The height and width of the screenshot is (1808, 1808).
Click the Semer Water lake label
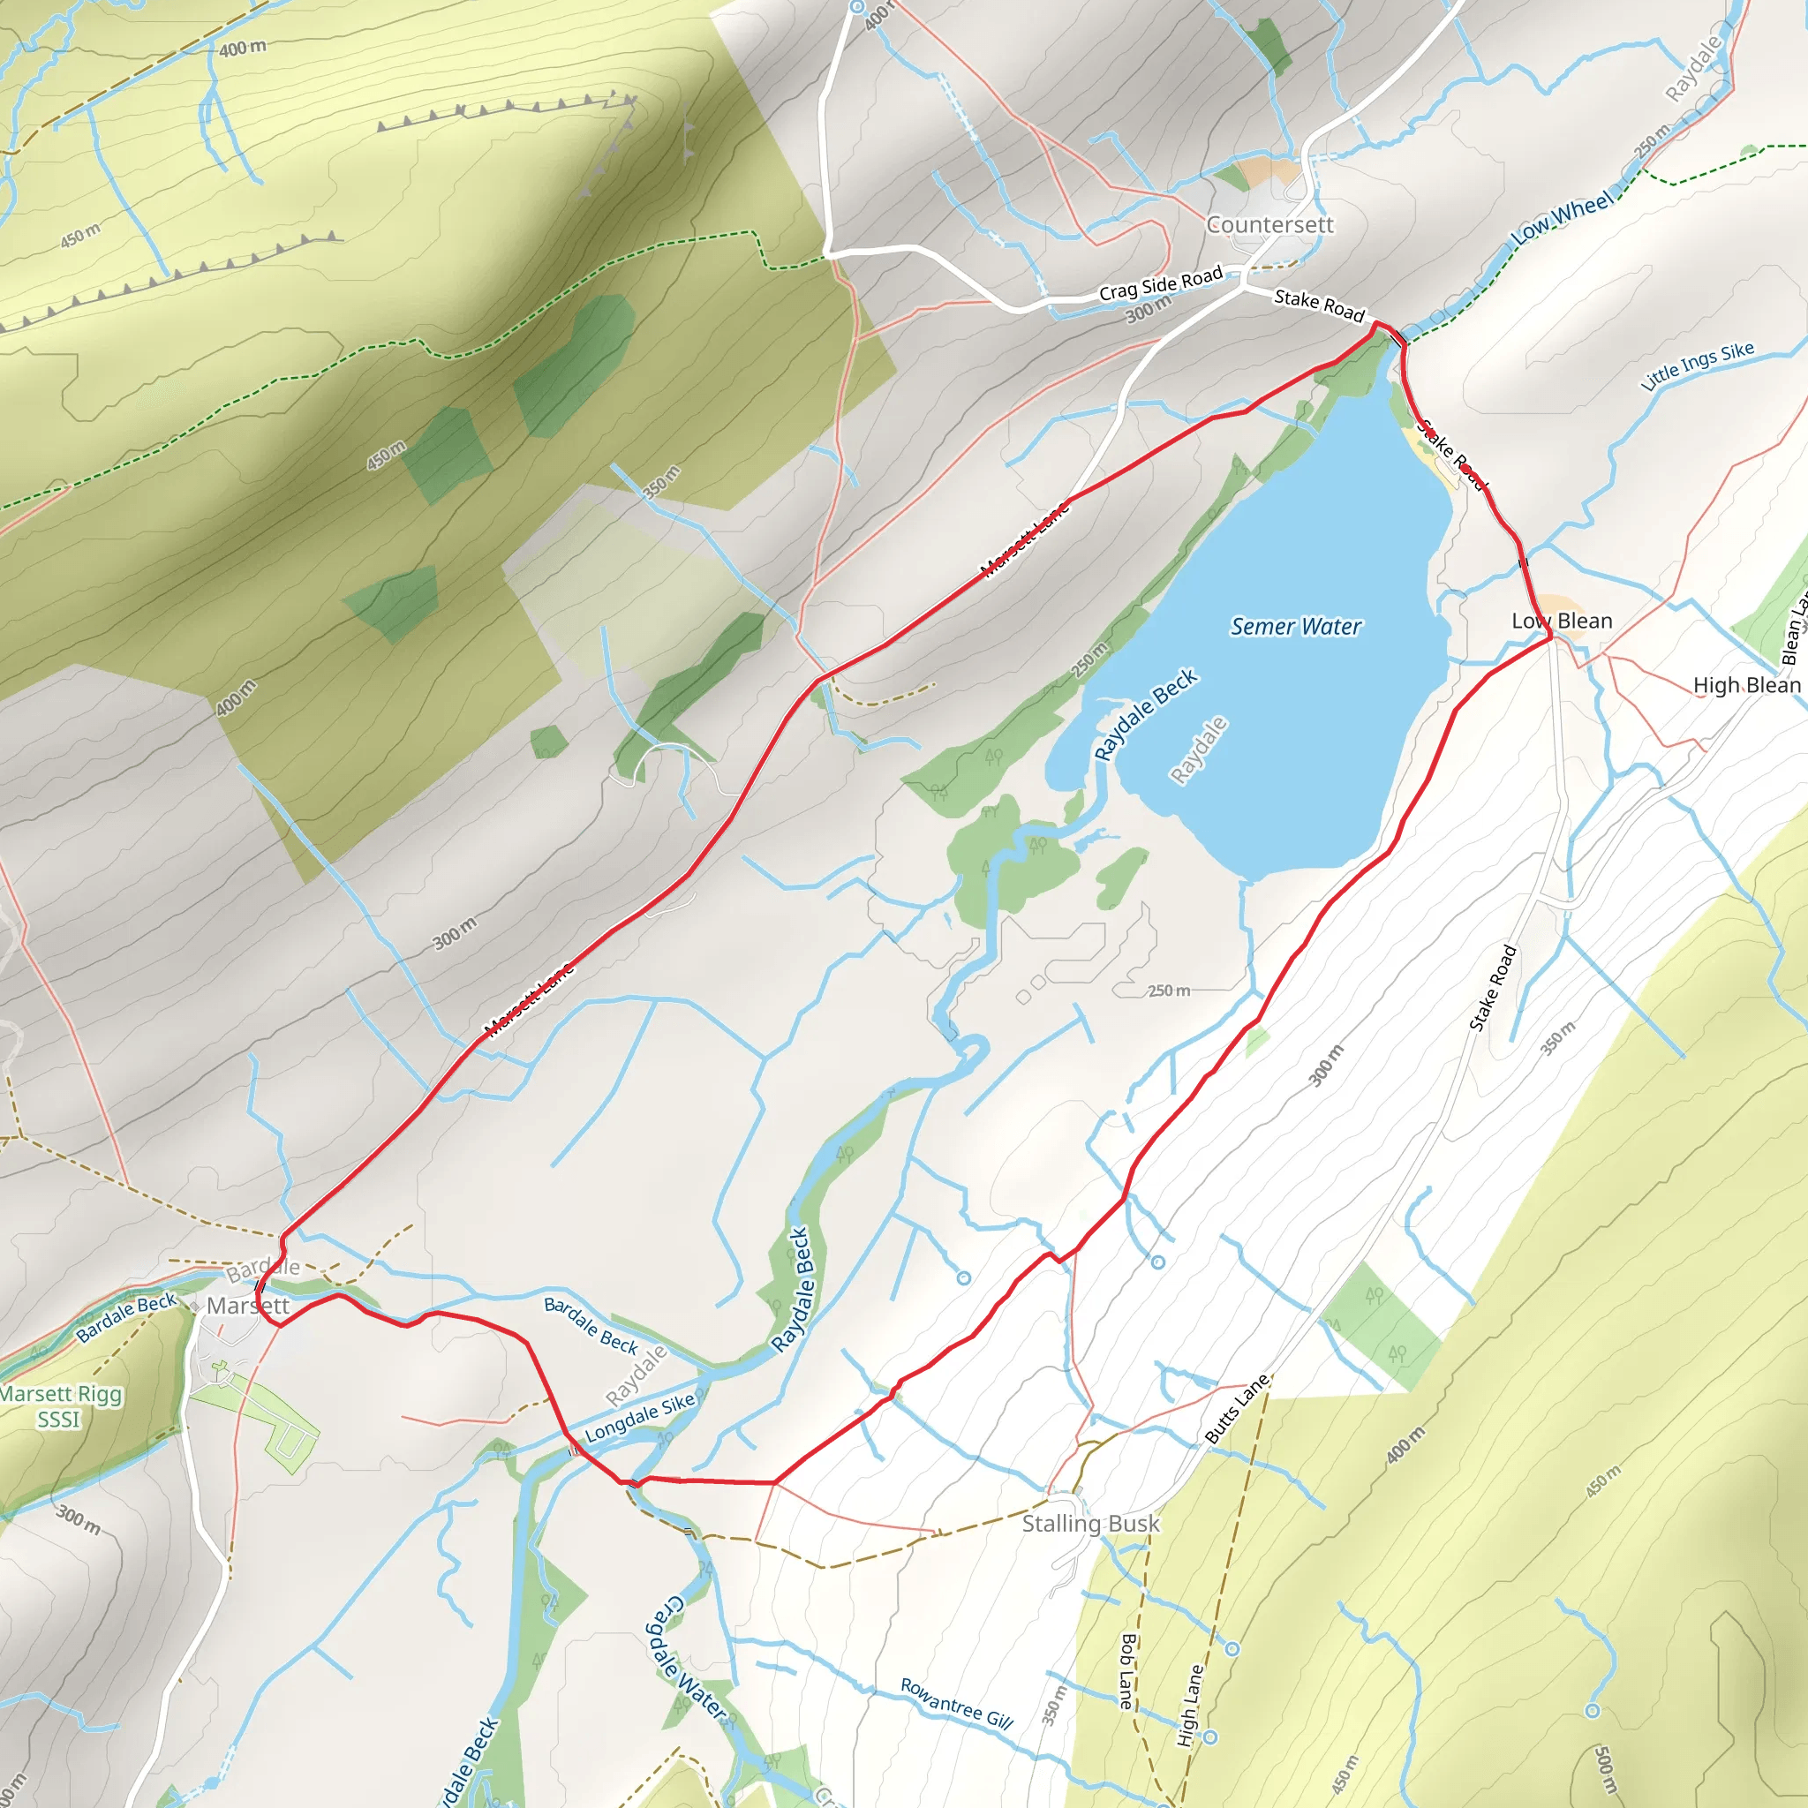click(x=1295, y=627)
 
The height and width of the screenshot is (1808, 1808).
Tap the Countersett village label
click(x=1269, y=224)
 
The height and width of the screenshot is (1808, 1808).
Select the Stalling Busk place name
click(x=1090, y=1524)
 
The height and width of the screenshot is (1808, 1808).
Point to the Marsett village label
click(x=248, y=1306)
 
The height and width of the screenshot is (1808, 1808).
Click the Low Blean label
click(x=1562, y=621)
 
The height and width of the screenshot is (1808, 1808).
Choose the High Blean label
click(x=1746, y=685)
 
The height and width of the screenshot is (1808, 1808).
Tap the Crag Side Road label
click(x=1160, y=283)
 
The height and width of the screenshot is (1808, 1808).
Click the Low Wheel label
click(x=1563, y=217)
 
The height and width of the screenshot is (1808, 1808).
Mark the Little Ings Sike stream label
click(x=1698, y=365)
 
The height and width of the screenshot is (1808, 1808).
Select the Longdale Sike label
click(x=640, y=1418)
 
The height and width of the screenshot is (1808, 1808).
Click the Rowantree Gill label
click(x=956, y=1703)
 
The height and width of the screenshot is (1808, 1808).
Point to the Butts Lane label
click(x=1236, y=1408)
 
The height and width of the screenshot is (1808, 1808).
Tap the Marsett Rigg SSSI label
click(x=60, y=1406)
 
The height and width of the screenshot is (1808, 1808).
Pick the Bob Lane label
click(x=1126, y=1671)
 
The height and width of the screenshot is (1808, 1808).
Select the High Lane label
click(x=1189, y=1705)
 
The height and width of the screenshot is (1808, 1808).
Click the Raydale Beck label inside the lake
click(x=1145, y=715)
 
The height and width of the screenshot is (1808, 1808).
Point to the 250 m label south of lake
click(x=1169, y=991)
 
